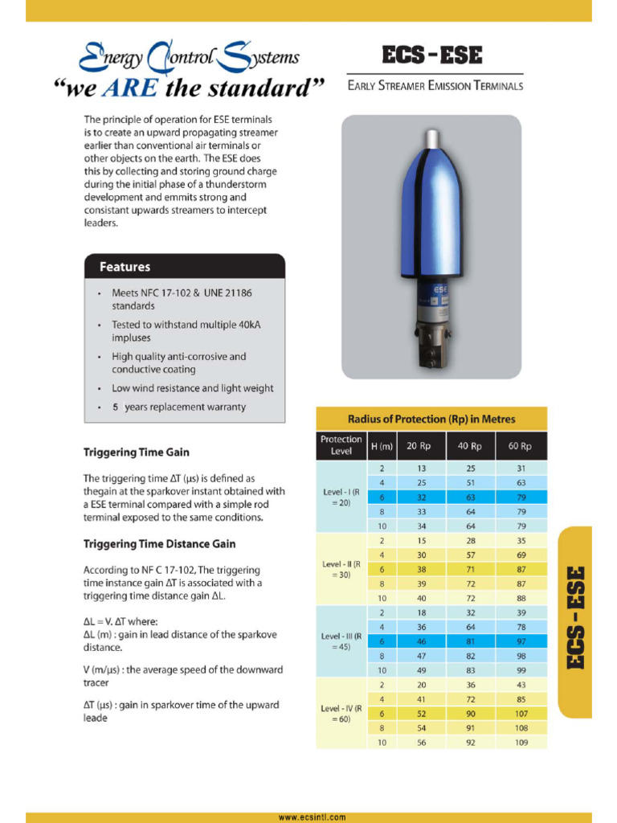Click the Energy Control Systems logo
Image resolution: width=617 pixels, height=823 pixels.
190,58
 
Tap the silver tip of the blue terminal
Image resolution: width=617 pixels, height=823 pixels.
432,137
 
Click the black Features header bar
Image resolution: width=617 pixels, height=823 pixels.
184,266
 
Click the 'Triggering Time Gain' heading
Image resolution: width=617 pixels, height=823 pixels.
137,452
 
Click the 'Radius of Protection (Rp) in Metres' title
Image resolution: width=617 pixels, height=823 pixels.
431,419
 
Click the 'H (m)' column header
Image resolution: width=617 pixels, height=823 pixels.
382,446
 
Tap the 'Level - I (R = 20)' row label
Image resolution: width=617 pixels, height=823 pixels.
341,497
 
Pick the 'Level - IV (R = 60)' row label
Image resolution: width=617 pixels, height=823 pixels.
341,713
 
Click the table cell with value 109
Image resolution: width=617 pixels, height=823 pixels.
520,743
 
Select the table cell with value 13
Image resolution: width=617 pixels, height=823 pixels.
422,468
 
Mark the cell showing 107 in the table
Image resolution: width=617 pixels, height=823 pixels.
520,714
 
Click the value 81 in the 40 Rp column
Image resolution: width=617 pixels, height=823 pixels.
470,641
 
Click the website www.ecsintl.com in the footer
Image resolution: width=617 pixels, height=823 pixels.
312,817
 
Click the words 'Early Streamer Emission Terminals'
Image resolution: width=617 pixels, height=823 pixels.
435,85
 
